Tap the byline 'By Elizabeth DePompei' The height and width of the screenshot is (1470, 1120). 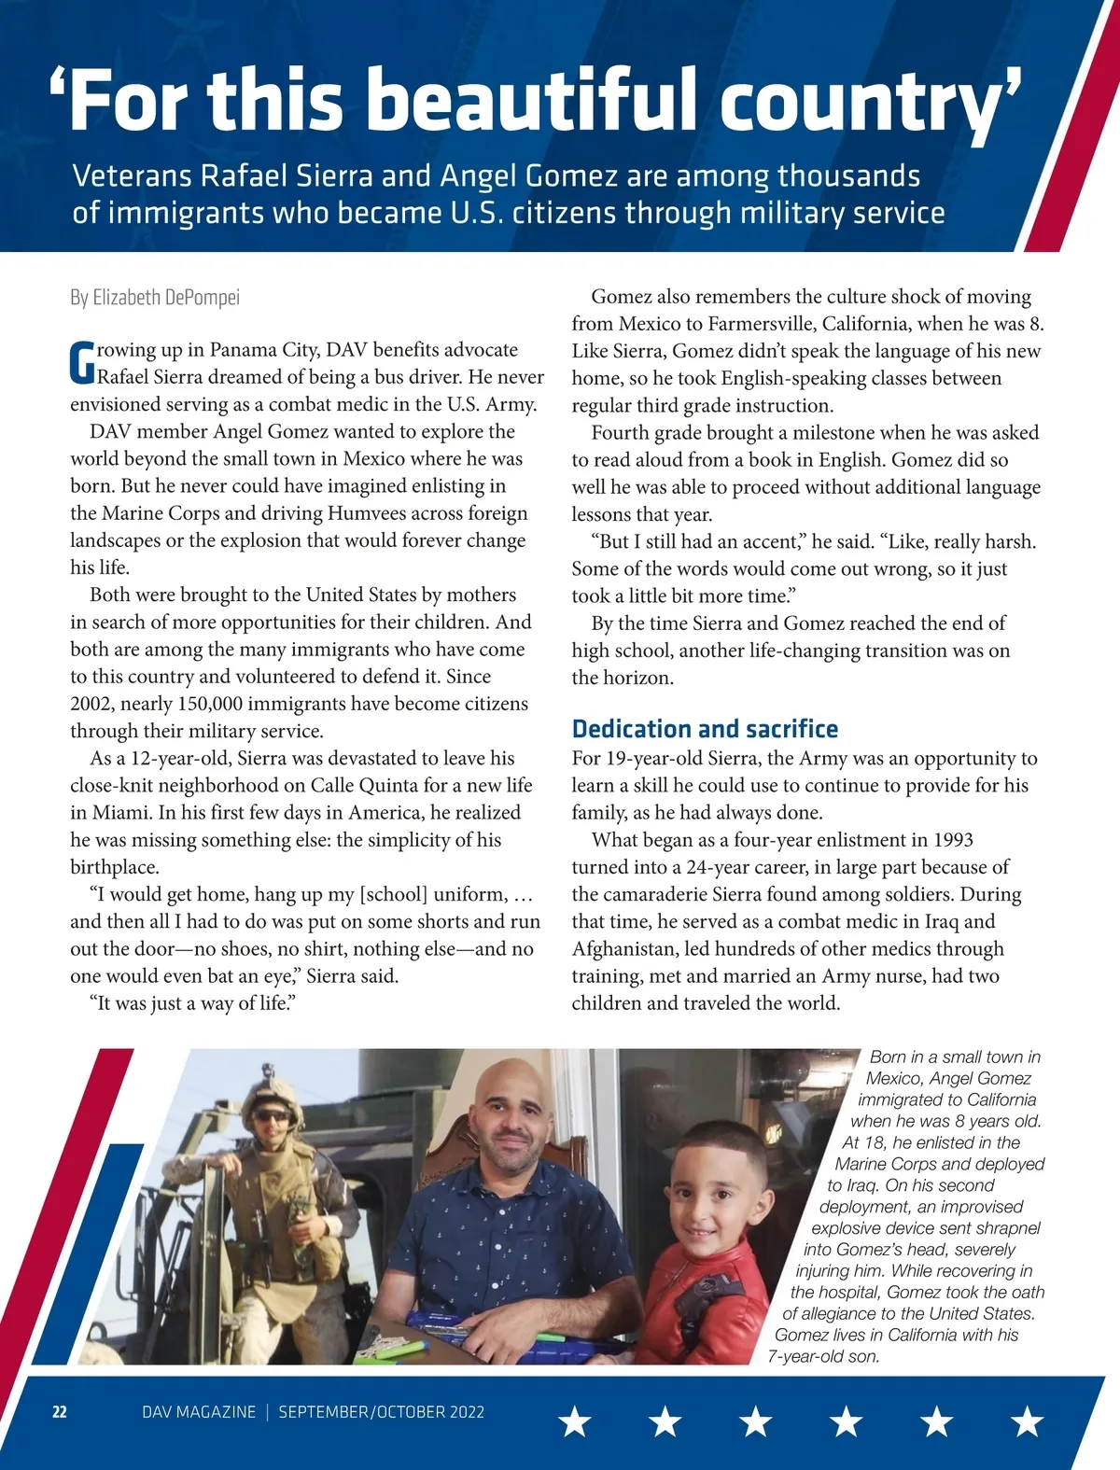tap(155, 298)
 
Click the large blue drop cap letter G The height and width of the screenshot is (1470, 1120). tap(82, 363)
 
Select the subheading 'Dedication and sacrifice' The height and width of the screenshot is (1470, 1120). tap(705, 729)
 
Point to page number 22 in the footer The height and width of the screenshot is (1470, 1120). tap(59, 1412)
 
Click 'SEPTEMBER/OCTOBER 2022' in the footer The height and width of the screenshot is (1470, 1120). tap(381, 1412)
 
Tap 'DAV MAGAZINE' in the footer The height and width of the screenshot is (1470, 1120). tap(199, 1412)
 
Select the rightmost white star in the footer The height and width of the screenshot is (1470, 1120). tap(1027, 1421)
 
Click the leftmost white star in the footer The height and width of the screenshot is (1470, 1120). tap(575, 1421)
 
